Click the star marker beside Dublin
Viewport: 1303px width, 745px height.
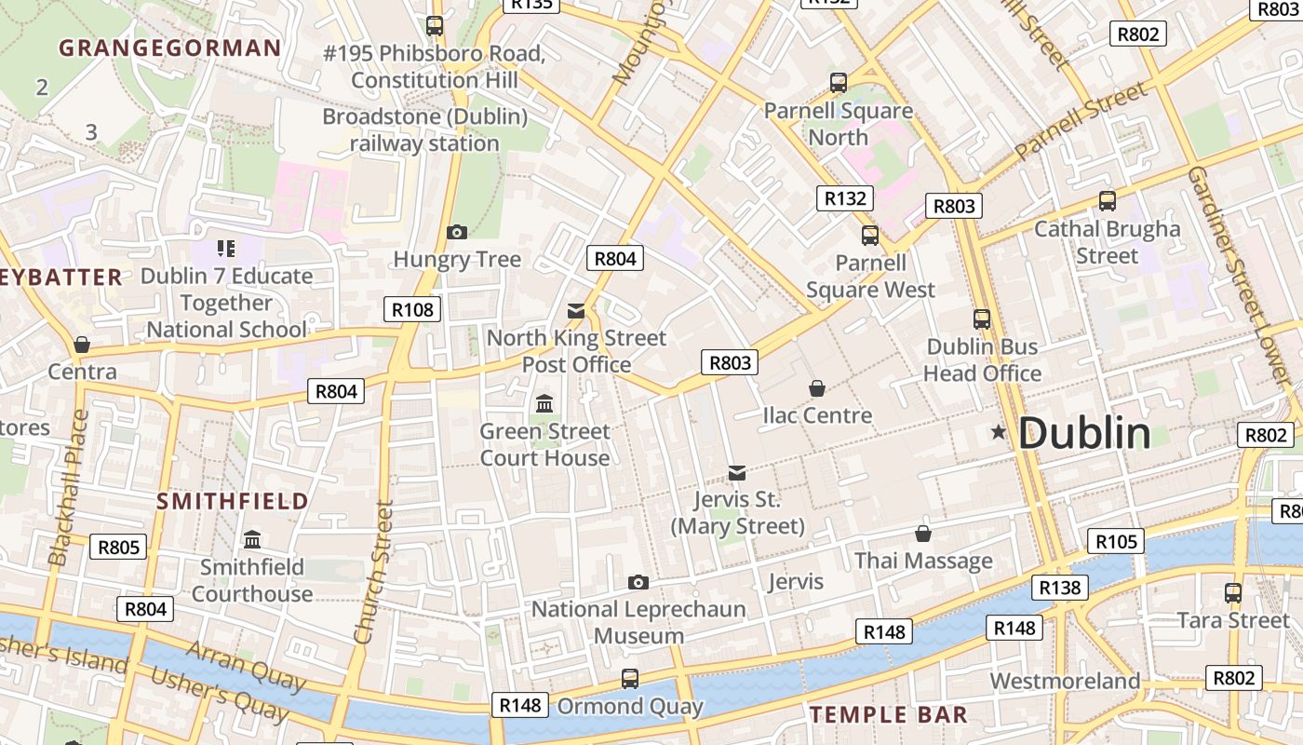(999, 432)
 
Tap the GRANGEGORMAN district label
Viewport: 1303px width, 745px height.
(169, 48)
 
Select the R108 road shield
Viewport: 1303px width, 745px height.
(411, 309)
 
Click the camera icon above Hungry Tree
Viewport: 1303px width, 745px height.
(457, 232)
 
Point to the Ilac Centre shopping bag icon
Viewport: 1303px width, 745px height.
(817, 387)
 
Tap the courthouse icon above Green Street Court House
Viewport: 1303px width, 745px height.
(544, 404)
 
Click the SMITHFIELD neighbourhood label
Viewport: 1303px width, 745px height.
(233, 501)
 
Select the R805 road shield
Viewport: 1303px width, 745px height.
(118, 547)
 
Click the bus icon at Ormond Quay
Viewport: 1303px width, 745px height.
(630, 679)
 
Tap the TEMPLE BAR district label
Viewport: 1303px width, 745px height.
(888, 715)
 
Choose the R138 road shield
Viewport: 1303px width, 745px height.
(1059, 587)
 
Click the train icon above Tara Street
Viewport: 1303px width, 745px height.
(1233, 592)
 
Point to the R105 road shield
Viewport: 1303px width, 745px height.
(1115, 541)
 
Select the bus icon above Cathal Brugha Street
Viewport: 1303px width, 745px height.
(1108, 201)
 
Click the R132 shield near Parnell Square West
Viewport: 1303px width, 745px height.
(845, 197)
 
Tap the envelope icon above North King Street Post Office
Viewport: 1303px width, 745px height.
(576, 311)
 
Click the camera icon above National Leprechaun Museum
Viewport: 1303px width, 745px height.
(638, 582)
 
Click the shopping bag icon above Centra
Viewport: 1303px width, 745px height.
(82, 345)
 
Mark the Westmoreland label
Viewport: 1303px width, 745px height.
(1064, 681)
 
